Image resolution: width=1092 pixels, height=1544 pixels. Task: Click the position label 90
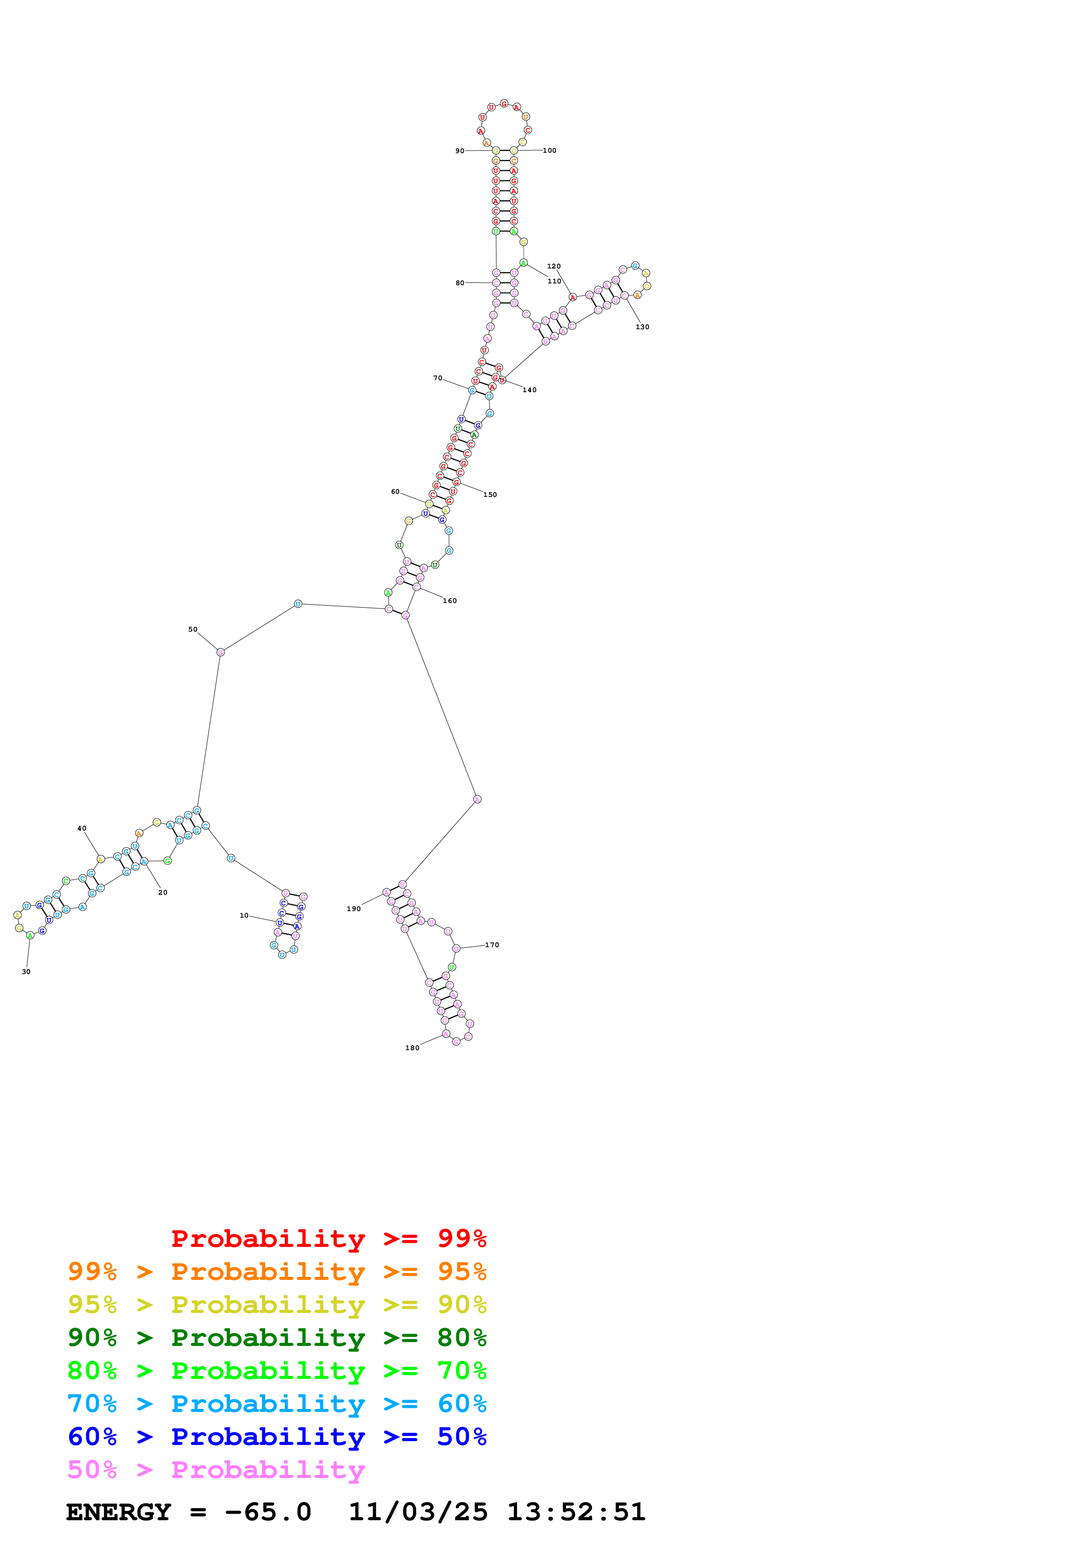point(459,151)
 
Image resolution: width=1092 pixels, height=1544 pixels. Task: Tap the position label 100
point(550,151)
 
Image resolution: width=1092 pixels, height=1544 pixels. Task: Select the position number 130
point(643,327)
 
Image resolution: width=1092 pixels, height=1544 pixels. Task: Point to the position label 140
point(529,390)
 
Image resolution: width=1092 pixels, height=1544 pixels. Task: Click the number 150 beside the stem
point(490,495)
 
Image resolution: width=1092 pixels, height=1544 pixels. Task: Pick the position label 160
point(449,601)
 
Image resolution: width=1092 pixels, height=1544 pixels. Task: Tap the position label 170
point(492,945)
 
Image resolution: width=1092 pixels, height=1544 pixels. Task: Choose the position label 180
point(412,1048)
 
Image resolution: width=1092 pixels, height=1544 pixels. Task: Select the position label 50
point(193,629)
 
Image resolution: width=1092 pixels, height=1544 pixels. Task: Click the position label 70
point(438,378)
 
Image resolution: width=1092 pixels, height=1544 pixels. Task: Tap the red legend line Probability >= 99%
point(328,1239)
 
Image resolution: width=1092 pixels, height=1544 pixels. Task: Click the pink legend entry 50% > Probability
point(216,1469)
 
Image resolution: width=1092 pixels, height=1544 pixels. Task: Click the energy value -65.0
point(268,1512)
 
